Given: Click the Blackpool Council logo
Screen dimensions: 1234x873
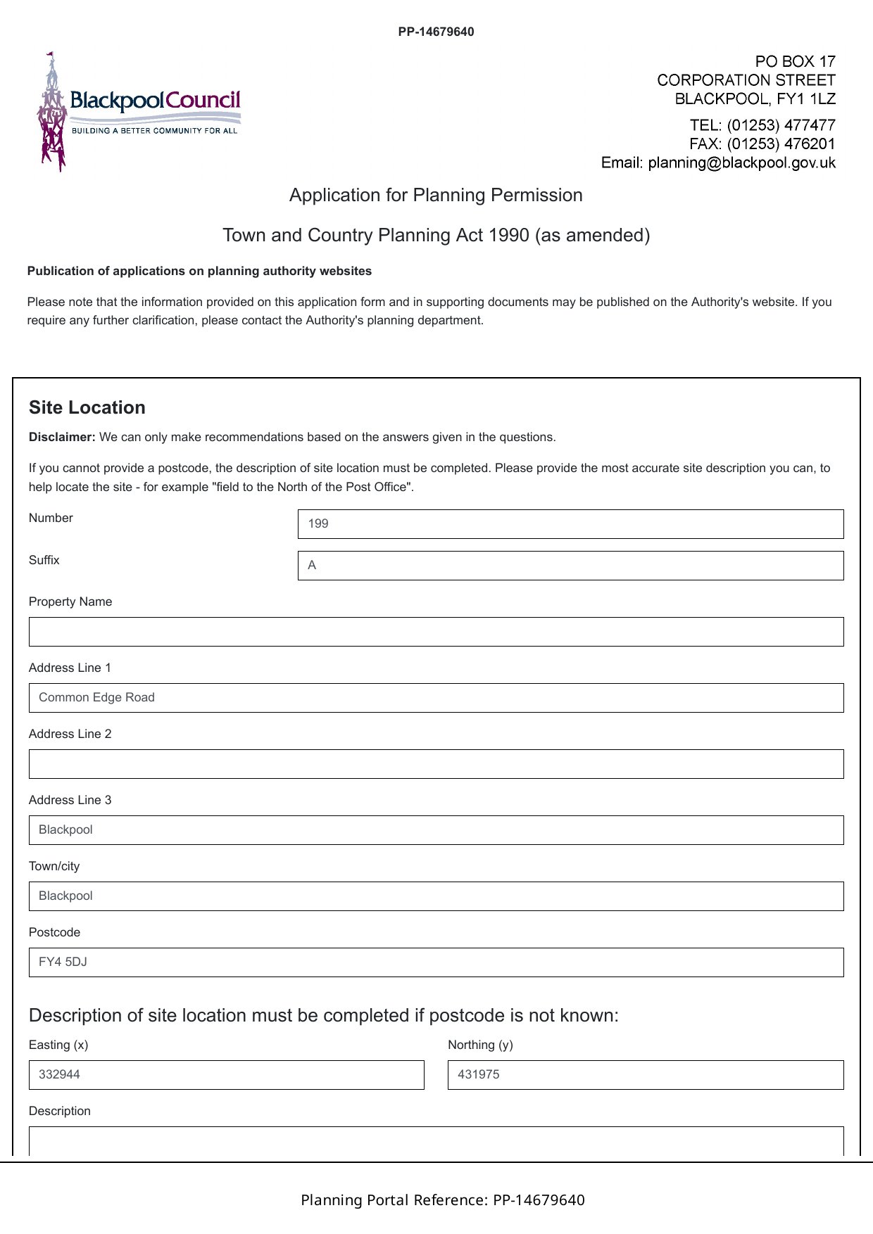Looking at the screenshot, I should click(139, 111).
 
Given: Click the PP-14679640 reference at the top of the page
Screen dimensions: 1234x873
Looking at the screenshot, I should click(436, 32).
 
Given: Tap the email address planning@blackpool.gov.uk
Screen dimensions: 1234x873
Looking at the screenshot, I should click(741, 163).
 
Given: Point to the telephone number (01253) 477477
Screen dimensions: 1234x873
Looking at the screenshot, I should click(781, 125).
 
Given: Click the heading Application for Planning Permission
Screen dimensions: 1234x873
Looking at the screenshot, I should click(436, 195).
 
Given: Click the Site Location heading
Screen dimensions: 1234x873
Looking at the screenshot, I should click(87, 408).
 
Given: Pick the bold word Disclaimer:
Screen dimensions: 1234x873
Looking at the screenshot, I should click(62, 438).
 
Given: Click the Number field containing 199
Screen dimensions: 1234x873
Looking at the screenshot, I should click(570, 524).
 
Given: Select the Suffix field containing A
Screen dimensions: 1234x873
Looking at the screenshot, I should click(570, 566).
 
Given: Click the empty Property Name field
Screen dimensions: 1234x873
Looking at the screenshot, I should click(436, 632).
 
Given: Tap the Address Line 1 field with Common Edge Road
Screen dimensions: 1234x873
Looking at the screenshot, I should click(436, 698).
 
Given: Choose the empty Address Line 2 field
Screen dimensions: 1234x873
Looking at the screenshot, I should click(436, 764).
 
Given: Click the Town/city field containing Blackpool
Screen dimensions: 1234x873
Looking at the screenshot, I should click(436, 896).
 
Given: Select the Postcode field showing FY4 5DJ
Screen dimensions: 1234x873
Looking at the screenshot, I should click(436, 962).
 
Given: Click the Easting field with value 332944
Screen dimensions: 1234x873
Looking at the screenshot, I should click(226, 1075).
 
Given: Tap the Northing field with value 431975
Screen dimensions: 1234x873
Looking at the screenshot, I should click(646, 1075).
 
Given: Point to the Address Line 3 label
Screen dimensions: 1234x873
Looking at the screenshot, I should click(70, 801).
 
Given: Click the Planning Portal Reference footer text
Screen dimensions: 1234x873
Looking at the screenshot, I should click(443, 1200).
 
